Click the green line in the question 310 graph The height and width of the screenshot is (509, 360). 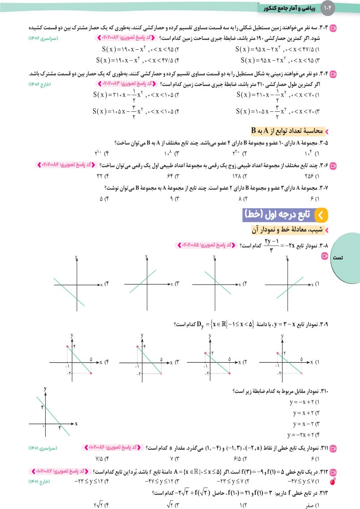52,412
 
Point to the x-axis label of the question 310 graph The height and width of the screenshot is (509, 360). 76,423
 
